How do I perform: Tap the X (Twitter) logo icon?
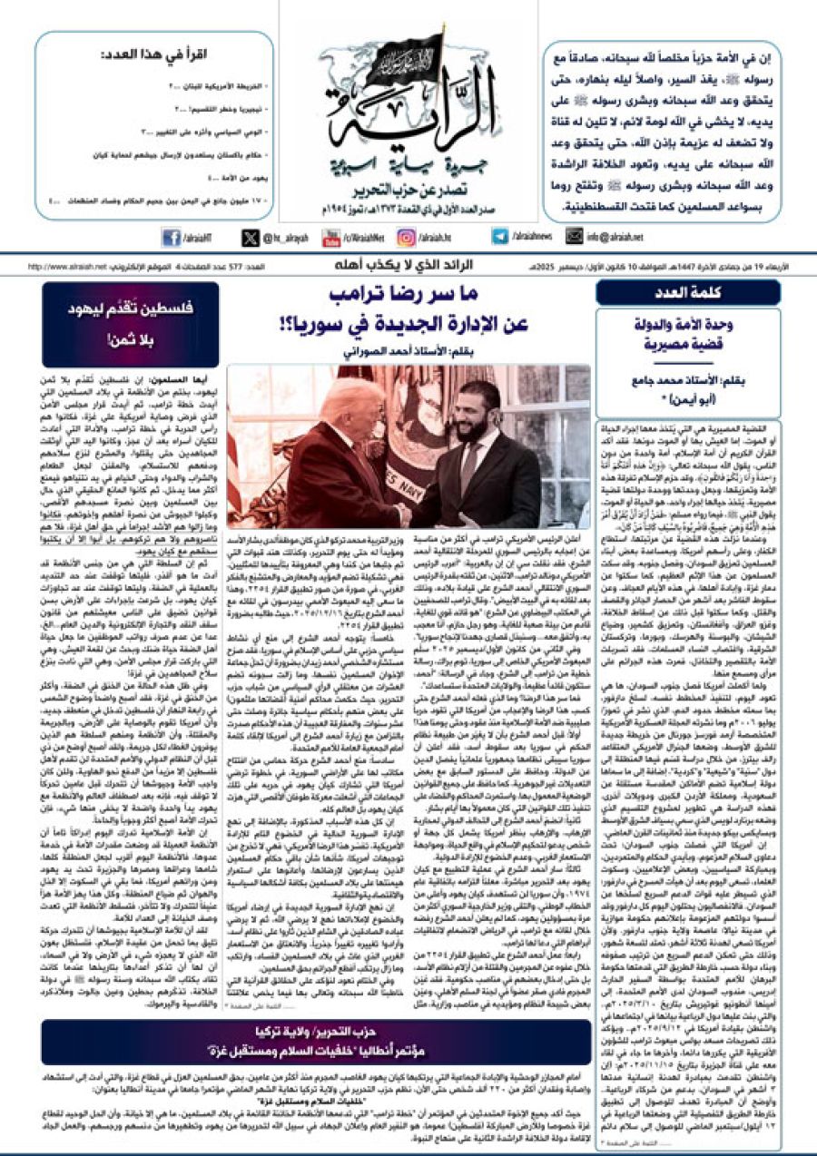pyautogui.click(x=251, y=238)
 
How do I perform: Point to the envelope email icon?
pyautogui.click(x=574, y=237)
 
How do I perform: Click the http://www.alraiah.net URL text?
pyautogui.click(x=68, y=267)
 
